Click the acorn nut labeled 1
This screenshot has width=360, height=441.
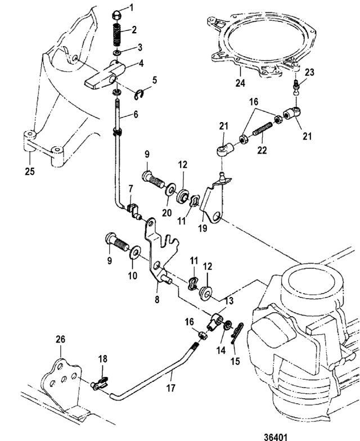117,16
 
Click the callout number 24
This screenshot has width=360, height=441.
240,83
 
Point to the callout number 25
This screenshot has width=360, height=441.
29,171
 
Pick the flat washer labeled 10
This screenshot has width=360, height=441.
135,252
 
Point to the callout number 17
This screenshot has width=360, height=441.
171,388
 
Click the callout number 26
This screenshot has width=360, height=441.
60,340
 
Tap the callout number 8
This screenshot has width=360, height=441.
157,300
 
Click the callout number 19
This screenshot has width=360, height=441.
202,228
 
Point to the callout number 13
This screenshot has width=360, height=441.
229,300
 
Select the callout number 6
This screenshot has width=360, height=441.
136,114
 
